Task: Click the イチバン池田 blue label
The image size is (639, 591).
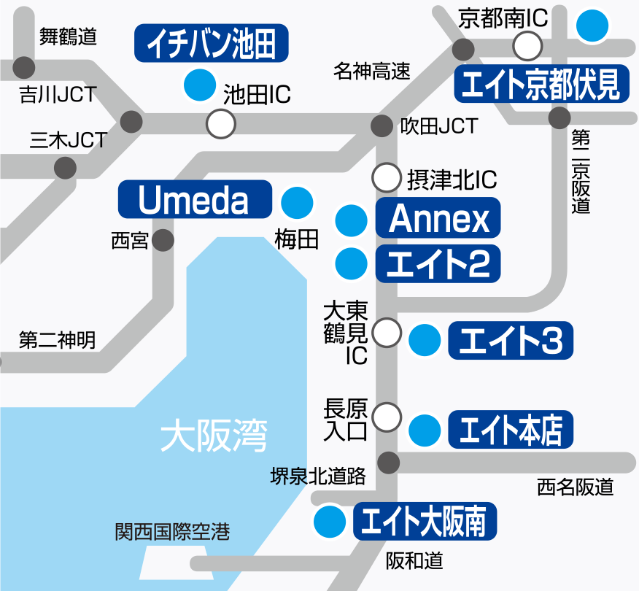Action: tap(212, 44)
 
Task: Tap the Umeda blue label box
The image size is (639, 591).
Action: tap(194, 199)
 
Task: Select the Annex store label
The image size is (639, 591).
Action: tap(438, 217)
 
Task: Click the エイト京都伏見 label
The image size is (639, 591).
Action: tap(541, 85)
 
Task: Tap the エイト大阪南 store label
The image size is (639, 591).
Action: tap(425, 521)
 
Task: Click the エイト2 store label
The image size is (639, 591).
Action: tap(438, 263)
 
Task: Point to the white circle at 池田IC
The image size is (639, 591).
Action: tap(221, 124)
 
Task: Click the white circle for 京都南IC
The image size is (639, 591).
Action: tap(527, 47)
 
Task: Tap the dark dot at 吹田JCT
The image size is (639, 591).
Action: tap(382, 126)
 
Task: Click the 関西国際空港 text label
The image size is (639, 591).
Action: tap(172, 532)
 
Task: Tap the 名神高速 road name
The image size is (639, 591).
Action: tap(372, 71)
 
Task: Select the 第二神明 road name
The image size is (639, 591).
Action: tap(57, 341)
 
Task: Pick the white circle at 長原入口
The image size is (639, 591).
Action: tap(387, 417)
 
